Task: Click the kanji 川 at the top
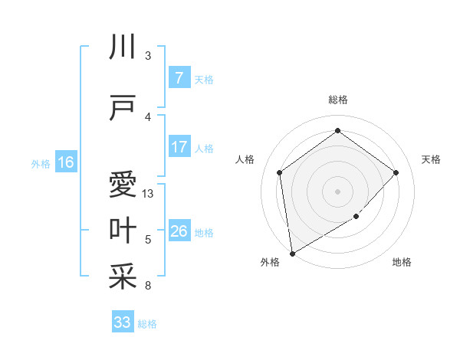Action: click(x=123, y=48)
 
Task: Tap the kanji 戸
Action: click(x=123, y=108)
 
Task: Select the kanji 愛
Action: click(x=123, y=185)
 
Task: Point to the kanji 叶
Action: click(x=123, y=231)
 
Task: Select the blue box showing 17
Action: click(x=179, y=148)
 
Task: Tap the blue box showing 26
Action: click(x=179, y=231)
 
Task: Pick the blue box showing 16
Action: click(x=66, y=162)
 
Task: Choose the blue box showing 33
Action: click(x=123, y=322)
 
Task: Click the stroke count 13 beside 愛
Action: click(x=148, y=194)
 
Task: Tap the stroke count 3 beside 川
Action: click(x=147, y=56)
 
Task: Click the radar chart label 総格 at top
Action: click(x=337, y=100)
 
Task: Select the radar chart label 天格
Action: click(x=432, y=159)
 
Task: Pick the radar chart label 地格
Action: click(x=402, y=263)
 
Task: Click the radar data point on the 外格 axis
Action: click(x=292, y=253)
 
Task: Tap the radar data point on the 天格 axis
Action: click(x=396, y=172)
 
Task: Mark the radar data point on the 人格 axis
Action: click(x=280, y=172)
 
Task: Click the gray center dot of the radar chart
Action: click(x=337, y=191)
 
